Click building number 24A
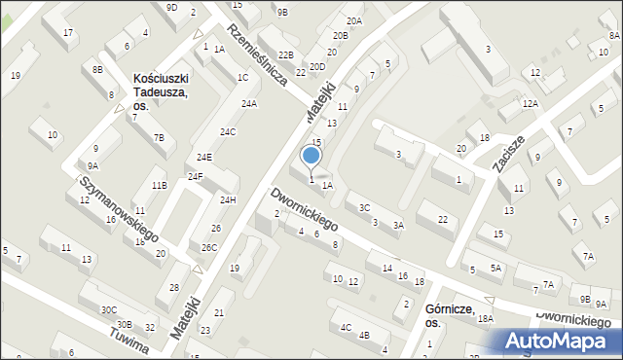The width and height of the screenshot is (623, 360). pyautogui.click(x=249, y=103)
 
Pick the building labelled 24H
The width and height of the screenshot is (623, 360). pyautogui.click(x=228, y=199)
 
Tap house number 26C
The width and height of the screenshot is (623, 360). pyautogui.click(x=209, y=247)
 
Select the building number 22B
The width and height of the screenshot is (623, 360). pyautogui.click(x=285, y=55)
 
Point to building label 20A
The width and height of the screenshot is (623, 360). pyautogui.click(x=353, y=20)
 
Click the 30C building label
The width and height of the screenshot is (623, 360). pyautogui.click(x=108, y=309)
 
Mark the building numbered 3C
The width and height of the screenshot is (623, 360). pyautogui.click(x=364, y=207)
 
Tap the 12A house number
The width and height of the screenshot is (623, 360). pyautogui.click(x=530, y=103)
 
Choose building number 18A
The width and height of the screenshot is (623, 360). pyautogui.click(x=486, y=318)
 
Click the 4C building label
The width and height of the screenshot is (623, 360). pyautogui.click(x=347, y=327)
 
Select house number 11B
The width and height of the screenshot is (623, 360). pyautogui.click(x=159, y=185)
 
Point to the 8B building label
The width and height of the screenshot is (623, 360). pyautogui.click(x=97, y=69)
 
